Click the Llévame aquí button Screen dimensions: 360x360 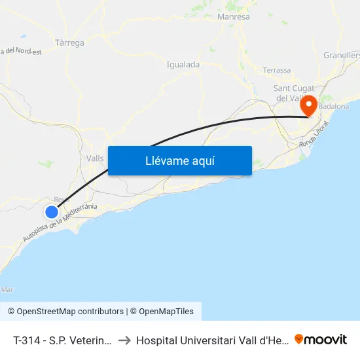point(179,161)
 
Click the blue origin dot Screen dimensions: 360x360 point(52,211)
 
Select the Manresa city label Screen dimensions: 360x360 point(233,16)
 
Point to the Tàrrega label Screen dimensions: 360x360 point(69,43)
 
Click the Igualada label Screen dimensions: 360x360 point(183,64)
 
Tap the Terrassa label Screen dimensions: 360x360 point(276,70)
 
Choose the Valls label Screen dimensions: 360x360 point(96,158)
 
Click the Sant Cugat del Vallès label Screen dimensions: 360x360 point(294,93)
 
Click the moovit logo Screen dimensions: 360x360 point(320,339)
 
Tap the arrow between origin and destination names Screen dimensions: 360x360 point(124,340)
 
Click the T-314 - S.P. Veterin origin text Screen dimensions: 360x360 point(63,340)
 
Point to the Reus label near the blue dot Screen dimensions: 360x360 point(62,200)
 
